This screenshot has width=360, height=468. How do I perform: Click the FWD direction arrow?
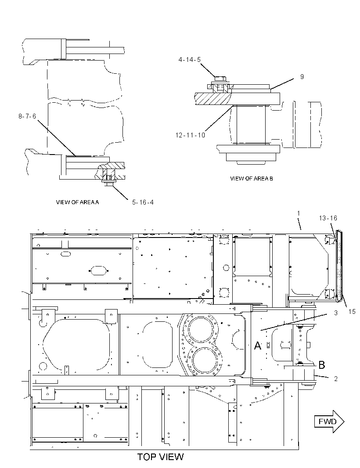click(329, 421)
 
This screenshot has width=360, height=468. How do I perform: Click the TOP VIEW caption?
click(160, 457)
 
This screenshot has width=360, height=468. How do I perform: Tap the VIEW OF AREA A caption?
click(77, 202)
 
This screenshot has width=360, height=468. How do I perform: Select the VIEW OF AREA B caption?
click(252, 179)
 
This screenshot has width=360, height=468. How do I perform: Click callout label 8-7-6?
click(27, 116)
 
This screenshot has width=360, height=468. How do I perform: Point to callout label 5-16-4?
click(143, 202)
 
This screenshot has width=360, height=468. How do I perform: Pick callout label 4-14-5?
click(190, 60)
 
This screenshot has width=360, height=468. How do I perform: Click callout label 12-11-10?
click(190, 135)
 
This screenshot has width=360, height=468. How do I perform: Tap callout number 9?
click(302, 77)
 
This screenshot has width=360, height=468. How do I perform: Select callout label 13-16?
click(328, 218)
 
